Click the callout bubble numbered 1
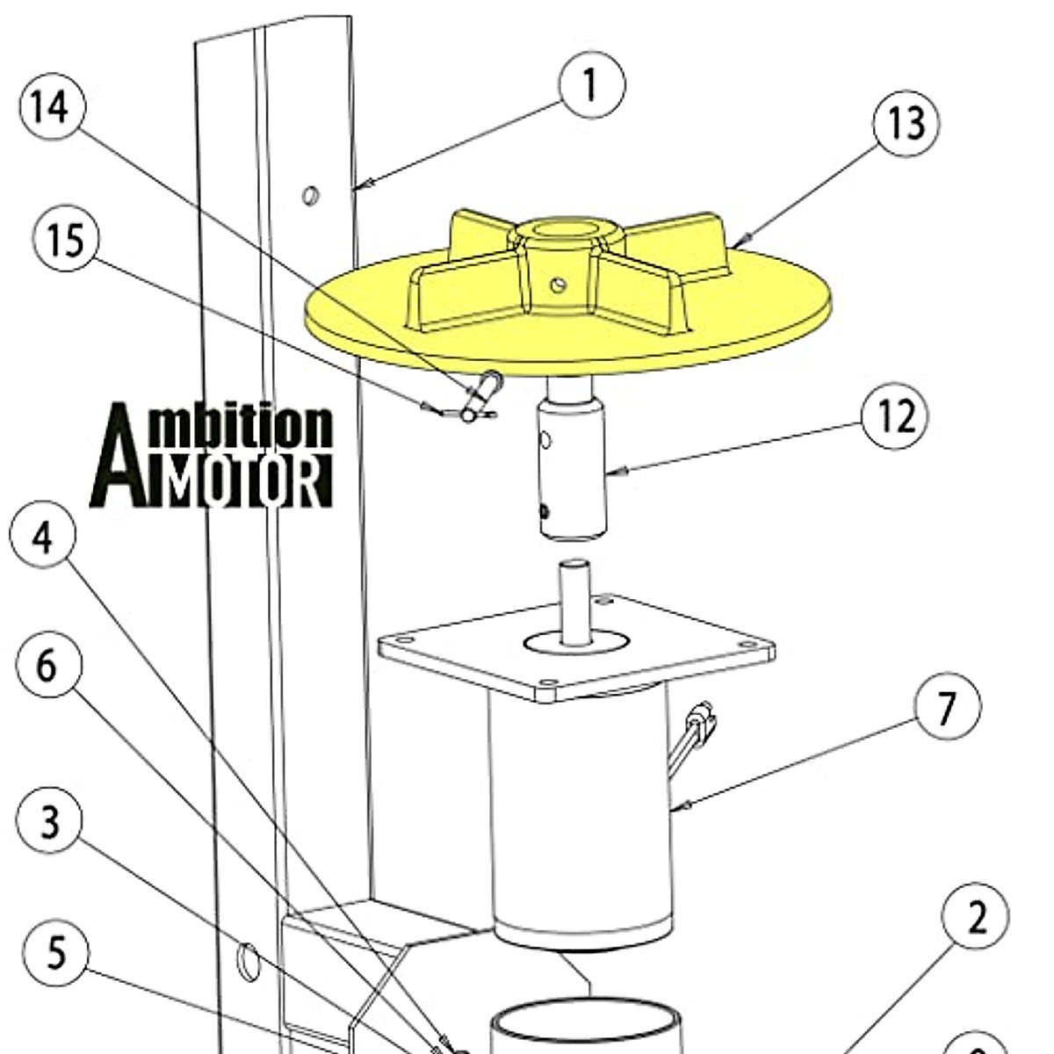[592, 85]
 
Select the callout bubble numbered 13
[906, 123]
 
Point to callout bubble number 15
[66, 240]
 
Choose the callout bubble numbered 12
[894, 416]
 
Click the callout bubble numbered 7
[947, 706]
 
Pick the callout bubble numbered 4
[43, 536]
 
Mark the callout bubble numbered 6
[49, 665]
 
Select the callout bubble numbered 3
[50, 821]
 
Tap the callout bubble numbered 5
[55, 952]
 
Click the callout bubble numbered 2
[975, 916]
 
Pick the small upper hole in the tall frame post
[310, 194]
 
